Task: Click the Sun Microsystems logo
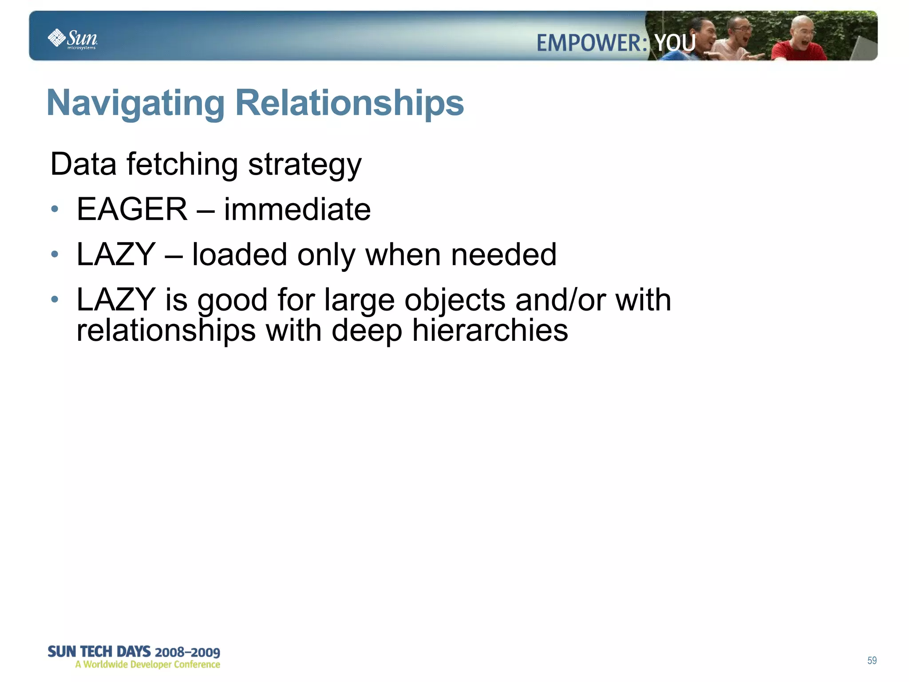click(72, 39)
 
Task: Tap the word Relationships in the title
click(349, 103)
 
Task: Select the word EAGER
click(132, 209)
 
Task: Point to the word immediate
click(297, 209)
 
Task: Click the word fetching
click(182, 164)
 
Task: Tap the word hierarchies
click(490, 331)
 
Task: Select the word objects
click(454, 300)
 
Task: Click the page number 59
click(872, 660)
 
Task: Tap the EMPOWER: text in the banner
click(592, 43)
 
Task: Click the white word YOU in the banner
click(675, 43)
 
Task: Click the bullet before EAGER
click(55, 209)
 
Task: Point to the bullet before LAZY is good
click(55, 299)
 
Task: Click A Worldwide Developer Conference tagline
click(147, 665)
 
